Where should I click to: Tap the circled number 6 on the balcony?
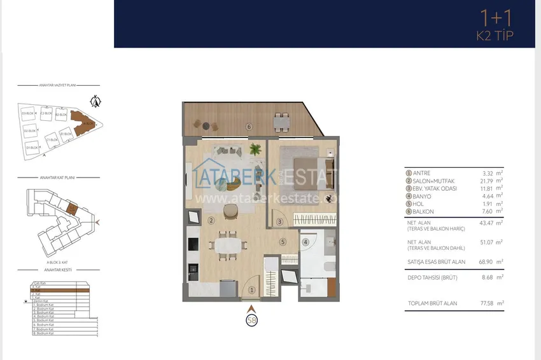[249, 127]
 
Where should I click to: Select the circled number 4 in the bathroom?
[306, 242]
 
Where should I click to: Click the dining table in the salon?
[229, 246]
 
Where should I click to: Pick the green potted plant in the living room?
[256, 150]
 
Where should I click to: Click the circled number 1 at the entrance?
[251, 290]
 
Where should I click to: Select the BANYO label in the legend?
[423, 196]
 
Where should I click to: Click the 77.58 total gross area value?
[489, 303]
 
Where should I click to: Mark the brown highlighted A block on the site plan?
[82, 123]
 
